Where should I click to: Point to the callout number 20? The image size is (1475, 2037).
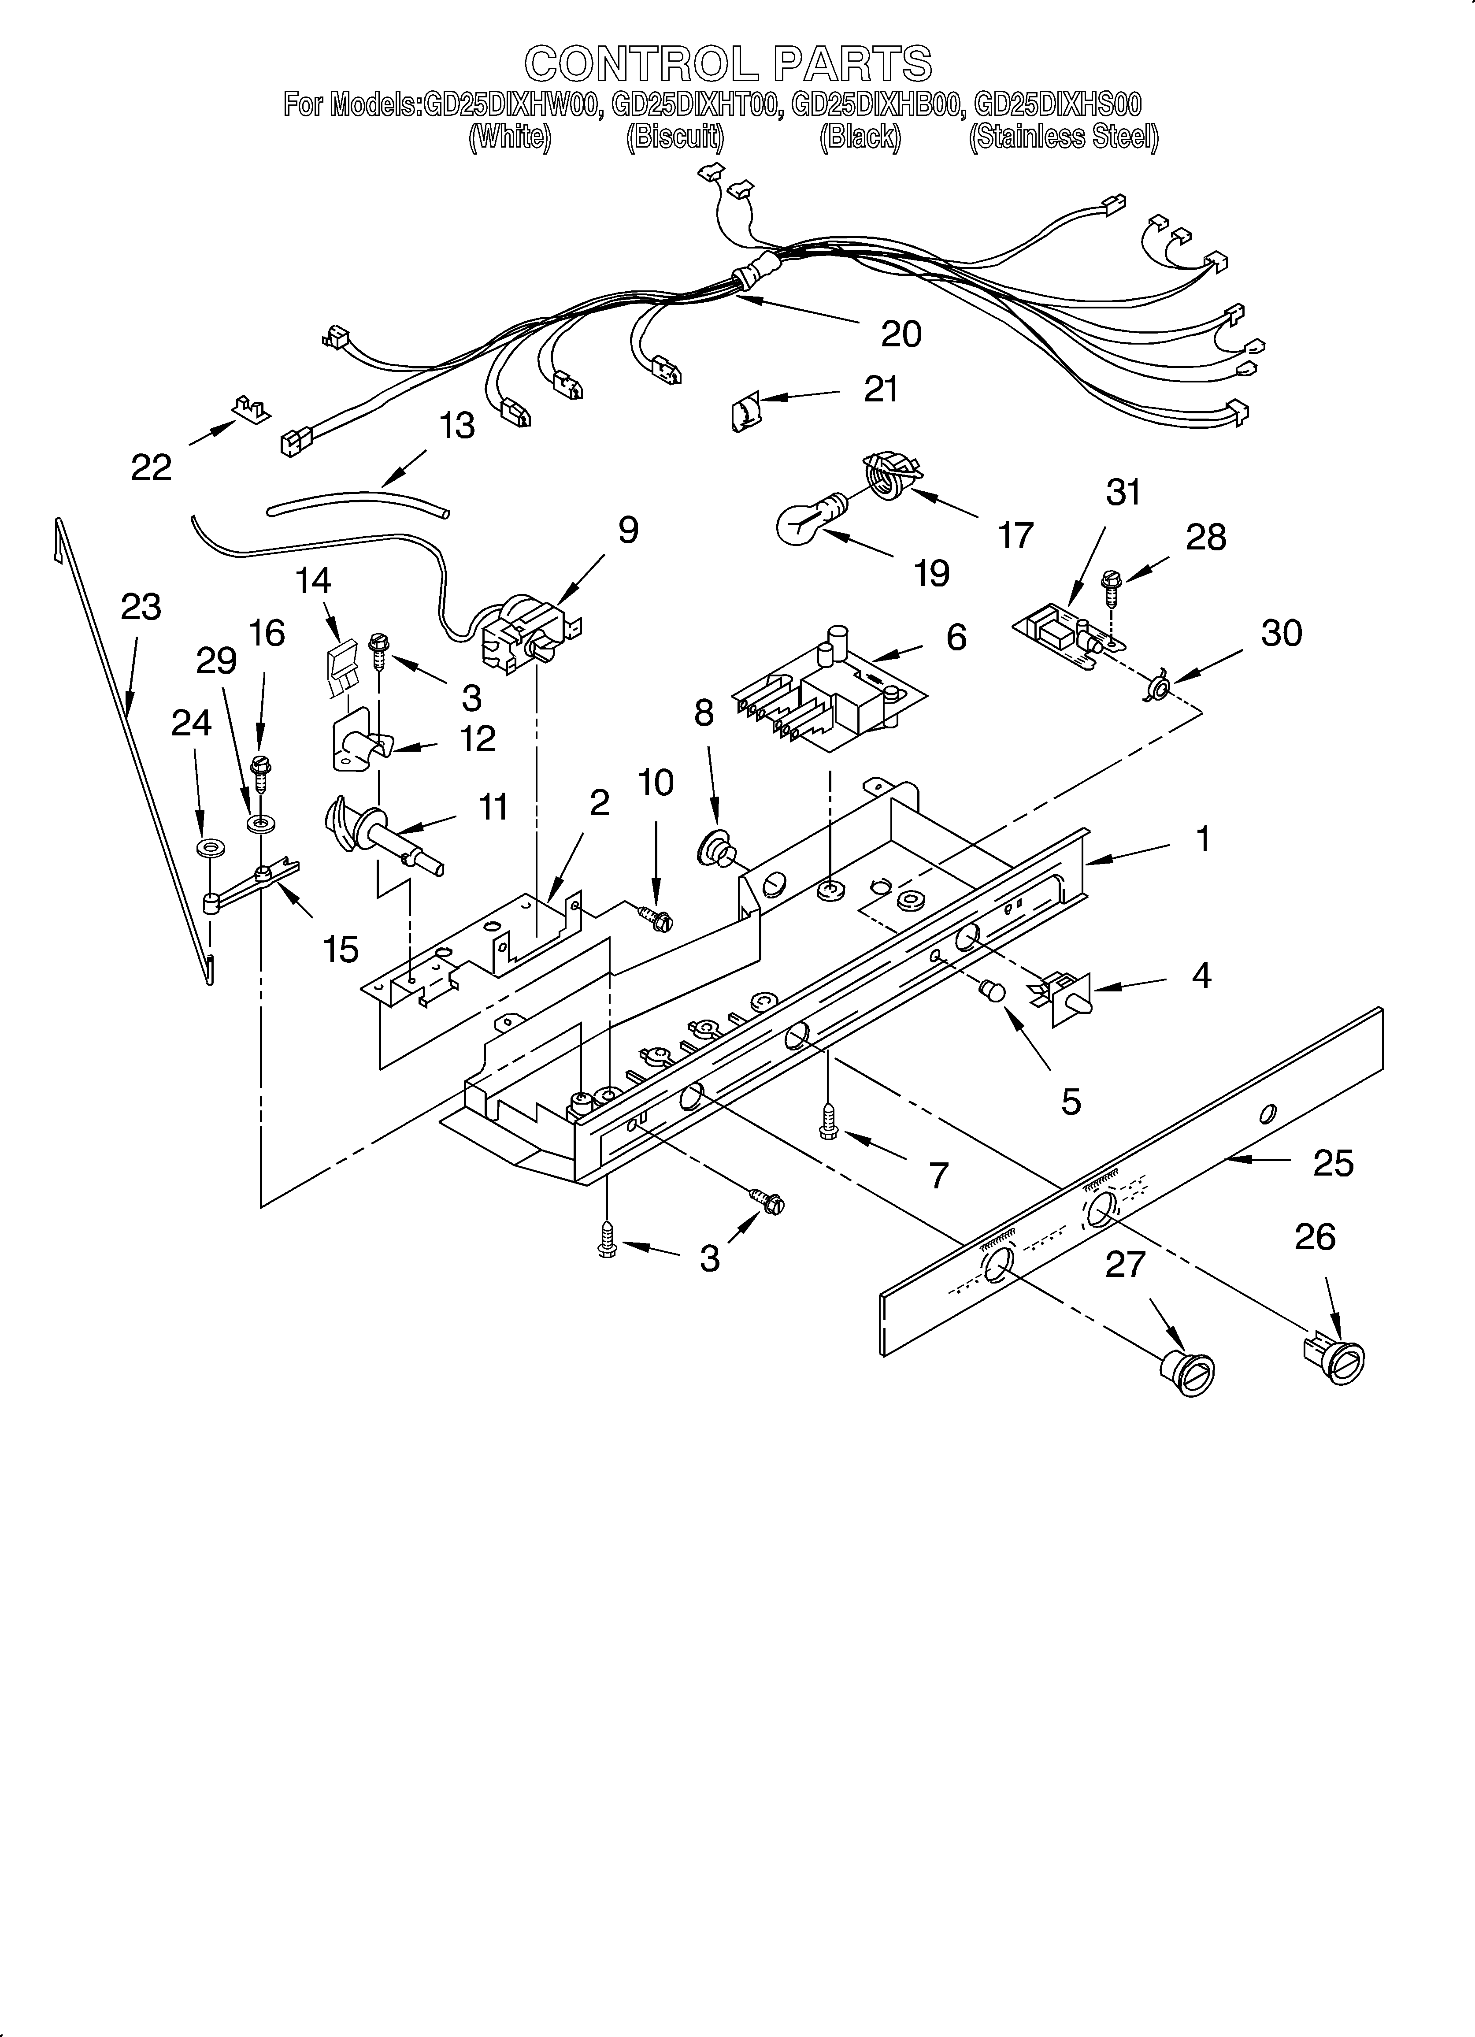[x=901, y=334]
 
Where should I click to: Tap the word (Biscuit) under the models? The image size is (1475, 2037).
[x=674, y=137]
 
